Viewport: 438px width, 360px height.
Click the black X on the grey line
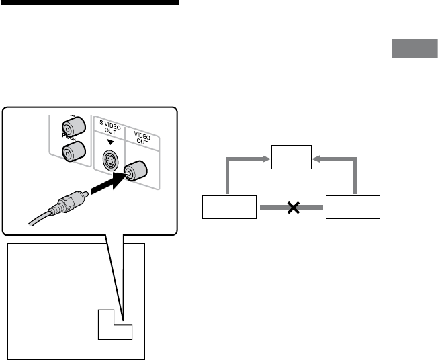tap(292, 208)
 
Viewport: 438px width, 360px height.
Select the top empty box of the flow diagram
tap(292, 157)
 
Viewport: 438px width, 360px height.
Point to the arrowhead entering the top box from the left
tap(266, 159)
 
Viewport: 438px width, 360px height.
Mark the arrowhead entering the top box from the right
tap(317, 159)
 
